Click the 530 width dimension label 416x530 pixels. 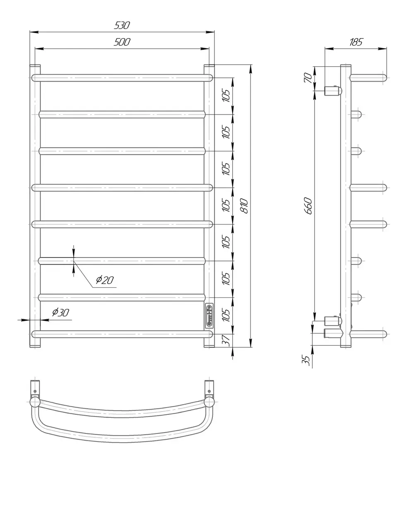(x=122, y=25)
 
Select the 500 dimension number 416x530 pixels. (x=122, y=42)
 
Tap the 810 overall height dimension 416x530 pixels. (x=245, y=206)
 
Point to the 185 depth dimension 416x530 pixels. (x=356, y=42)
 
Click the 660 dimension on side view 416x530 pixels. (x=308, y=206)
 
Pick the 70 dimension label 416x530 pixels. (x=308, y=78)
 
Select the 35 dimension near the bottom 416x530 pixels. (x=305, y=360)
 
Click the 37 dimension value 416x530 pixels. (x=226, y=341)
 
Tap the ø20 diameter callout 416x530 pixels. (x=105, y=280)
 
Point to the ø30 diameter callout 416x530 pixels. (x=60, y=313)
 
